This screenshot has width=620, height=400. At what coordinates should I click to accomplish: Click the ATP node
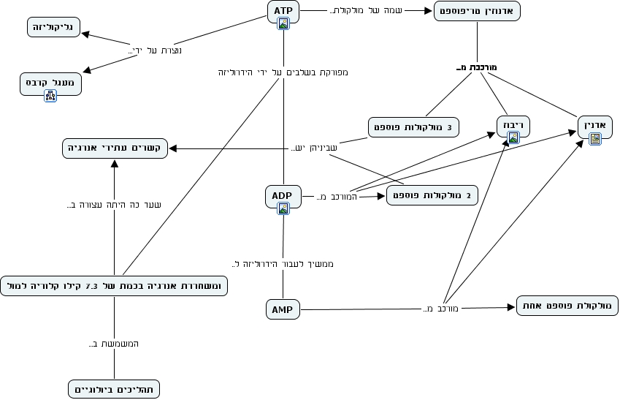pyautogui.click(x=283, y=11)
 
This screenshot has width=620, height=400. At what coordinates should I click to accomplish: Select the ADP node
pyautogui.click(x=283, y=196)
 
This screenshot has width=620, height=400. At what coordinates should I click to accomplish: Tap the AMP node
pyautogui.click(x=282, y=310)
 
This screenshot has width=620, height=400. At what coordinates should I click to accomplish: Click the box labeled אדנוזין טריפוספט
pyautogui.click(x=478, y=11)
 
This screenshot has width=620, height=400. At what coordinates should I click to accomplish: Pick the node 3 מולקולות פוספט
pyautogui.click(x=413, y=127)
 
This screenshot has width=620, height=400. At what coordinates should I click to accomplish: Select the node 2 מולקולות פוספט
pyautogui.click(x=432, y=195)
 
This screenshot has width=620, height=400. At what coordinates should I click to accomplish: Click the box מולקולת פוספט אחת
pyautogui.click(x=567, y=306)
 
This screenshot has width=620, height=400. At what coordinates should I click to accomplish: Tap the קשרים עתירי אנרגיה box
pyautogui.click(x=115, y=148)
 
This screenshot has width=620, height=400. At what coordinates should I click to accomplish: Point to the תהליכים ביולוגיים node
pyautogui.click(x=113, y=389)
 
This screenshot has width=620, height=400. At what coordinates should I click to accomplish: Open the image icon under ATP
pyautogui.click(x=283, y=23)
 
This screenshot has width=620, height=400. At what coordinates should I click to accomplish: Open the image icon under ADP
pyautogui.click(x=283, y=208)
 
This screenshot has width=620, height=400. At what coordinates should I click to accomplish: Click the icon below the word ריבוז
pyautogui.click(x=513, y=137)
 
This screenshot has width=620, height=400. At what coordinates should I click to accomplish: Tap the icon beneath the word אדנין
pyautogui.click(x=595, y=137)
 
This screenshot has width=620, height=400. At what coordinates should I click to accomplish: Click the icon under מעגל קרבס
pyautogui.click(x=50, y=95)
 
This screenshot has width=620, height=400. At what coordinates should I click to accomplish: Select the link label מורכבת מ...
pyautogui.click(x=475, y=68)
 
